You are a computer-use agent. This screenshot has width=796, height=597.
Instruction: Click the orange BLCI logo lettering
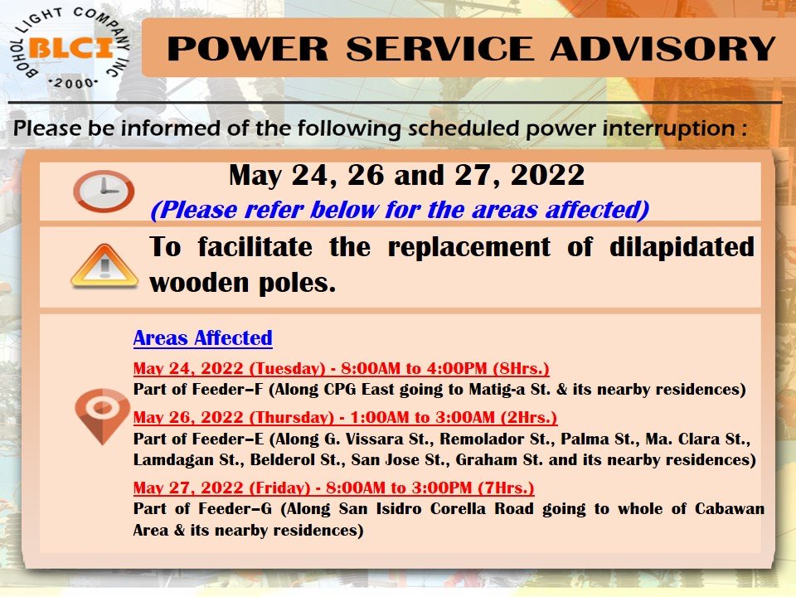click(x=71, y=48)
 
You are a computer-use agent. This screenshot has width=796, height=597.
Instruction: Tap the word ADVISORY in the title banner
click(x=663, y=49)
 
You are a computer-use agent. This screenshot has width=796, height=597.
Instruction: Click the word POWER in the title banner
click(x=248, y=49)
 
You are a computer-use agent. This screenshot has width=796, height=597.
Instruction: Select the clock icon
click(x=104, y=191)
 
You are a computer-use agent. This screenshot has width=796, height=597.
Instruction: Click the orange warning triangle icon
click(x=104, y=266)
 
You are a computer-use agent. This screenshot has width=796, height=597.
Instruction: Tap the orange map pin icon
click(x=102, y=416)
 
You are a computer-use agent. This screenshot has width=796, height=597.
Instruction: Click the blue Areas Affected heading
click(x=202, y=338)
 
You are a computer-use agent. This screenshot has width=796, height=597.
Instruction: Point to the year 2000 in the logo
click(x=74, y=83)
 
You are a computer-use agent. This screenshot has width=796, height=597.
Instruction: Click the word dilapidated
click(x=682, y=247)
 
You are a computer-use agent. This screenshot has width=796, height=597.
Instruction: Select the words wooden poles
click(x=243, y=284)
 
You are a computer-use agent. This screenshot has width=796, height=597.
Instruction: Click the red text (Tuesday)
click(x=288, y=368)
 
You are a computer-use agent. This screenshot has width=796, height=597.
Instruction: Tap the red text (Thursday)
click(x=291, y=417)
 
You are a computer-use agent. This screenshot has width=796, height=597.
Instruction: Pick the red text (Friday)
click(x=279, y=488)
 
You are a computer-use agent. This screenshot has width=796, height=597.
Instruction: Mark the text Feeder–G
click(x=235, y=508)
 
